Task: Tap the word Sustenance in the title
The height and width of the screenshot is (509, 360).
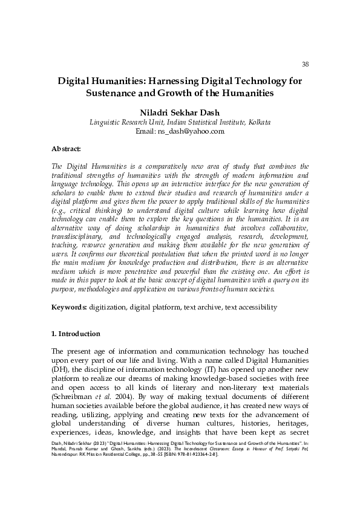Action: (113, 94)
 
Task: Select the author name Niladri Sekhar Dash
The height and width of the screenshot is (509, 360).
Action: (180, 111)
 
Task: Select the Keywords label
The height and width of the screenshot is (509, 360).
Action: (69, 307)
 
